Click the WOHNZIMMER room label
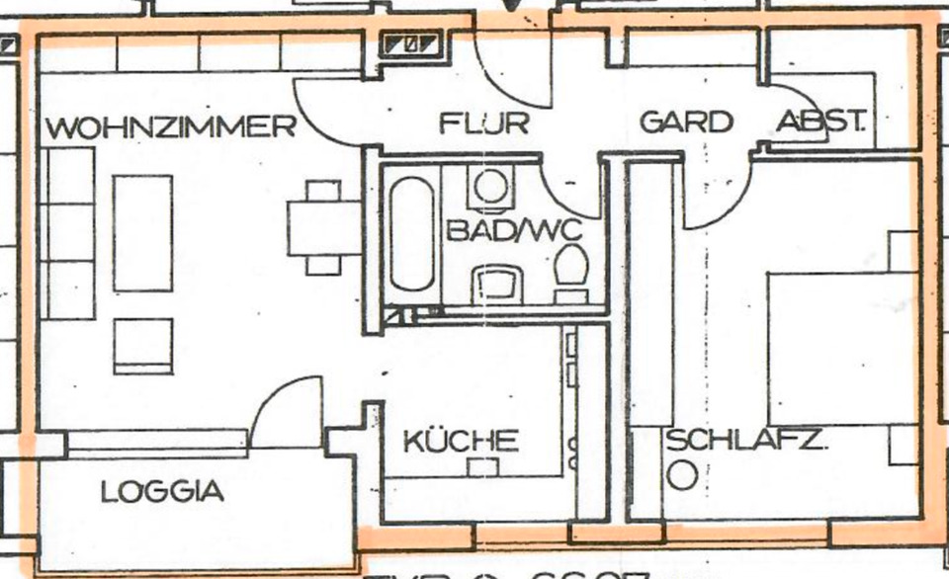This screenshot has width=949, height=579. pos(170,127)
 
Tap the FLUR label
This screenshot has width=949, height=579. pos(484,124)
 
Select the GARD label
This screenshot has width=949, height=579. pos(687,123)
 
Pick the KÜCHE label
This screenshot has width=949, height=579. pos(462,440)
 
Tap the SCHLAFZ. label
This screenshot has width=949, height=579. pos(744,441)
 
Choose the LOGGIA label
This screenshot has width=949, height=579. pos(162,491)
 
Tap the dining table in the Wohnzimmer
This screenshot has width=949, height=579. pos(324,226)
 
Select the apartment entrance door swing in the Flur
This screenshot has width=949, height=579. pos(515,71)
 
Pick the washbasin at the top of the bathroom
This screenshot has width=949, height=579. pos(490,185)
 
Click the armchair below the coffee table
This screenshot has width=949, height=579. pos(143,346)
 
